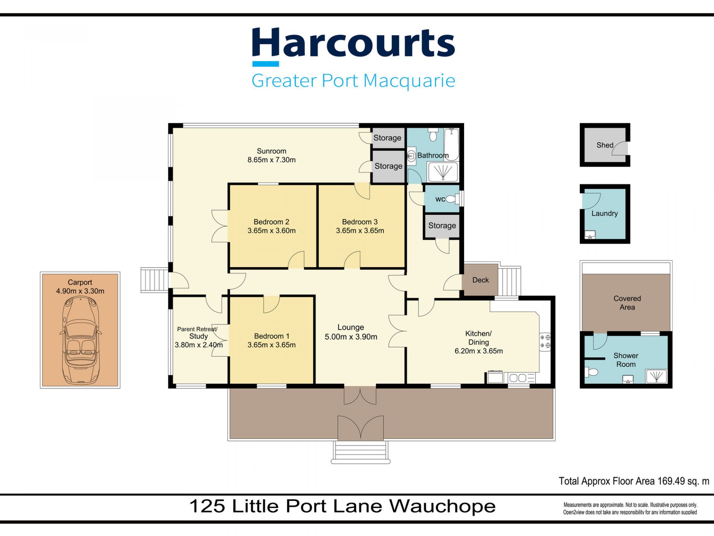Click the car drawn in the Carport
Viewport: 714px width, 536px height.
(x=80, y=340)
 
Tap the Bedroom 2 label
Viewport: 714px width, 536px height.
(x=271, y=222)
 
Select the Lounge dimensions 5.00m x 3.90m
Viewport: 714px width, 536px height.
(x=351, y=337)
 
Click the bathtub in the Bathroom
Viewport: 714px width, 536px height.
(x=452, y=144)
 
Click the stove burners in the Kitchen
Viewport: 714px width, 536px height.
(x=546, y=341)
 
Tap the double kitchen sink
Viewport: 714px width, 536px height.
(x=518, y=378)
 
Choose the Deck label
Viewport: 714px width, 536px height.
(x=480, y=280)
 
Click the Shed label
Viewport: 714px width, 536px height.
(x=605, y=145)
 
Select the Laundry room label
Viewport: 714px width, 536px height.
(x=605, y=213)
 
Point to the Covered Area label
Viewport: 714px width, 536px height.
(x=627, y=303)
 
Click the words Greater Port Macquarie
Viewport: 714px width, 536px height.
(x=353, y=80)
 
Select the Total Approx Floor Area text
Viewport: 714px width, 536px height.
(x=634, y=481)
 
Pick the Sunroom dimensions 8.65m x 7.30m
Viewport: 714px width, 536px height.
(x=271, y=160)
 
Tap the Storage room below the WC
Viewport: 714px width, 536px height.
(x=442, y=226)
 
